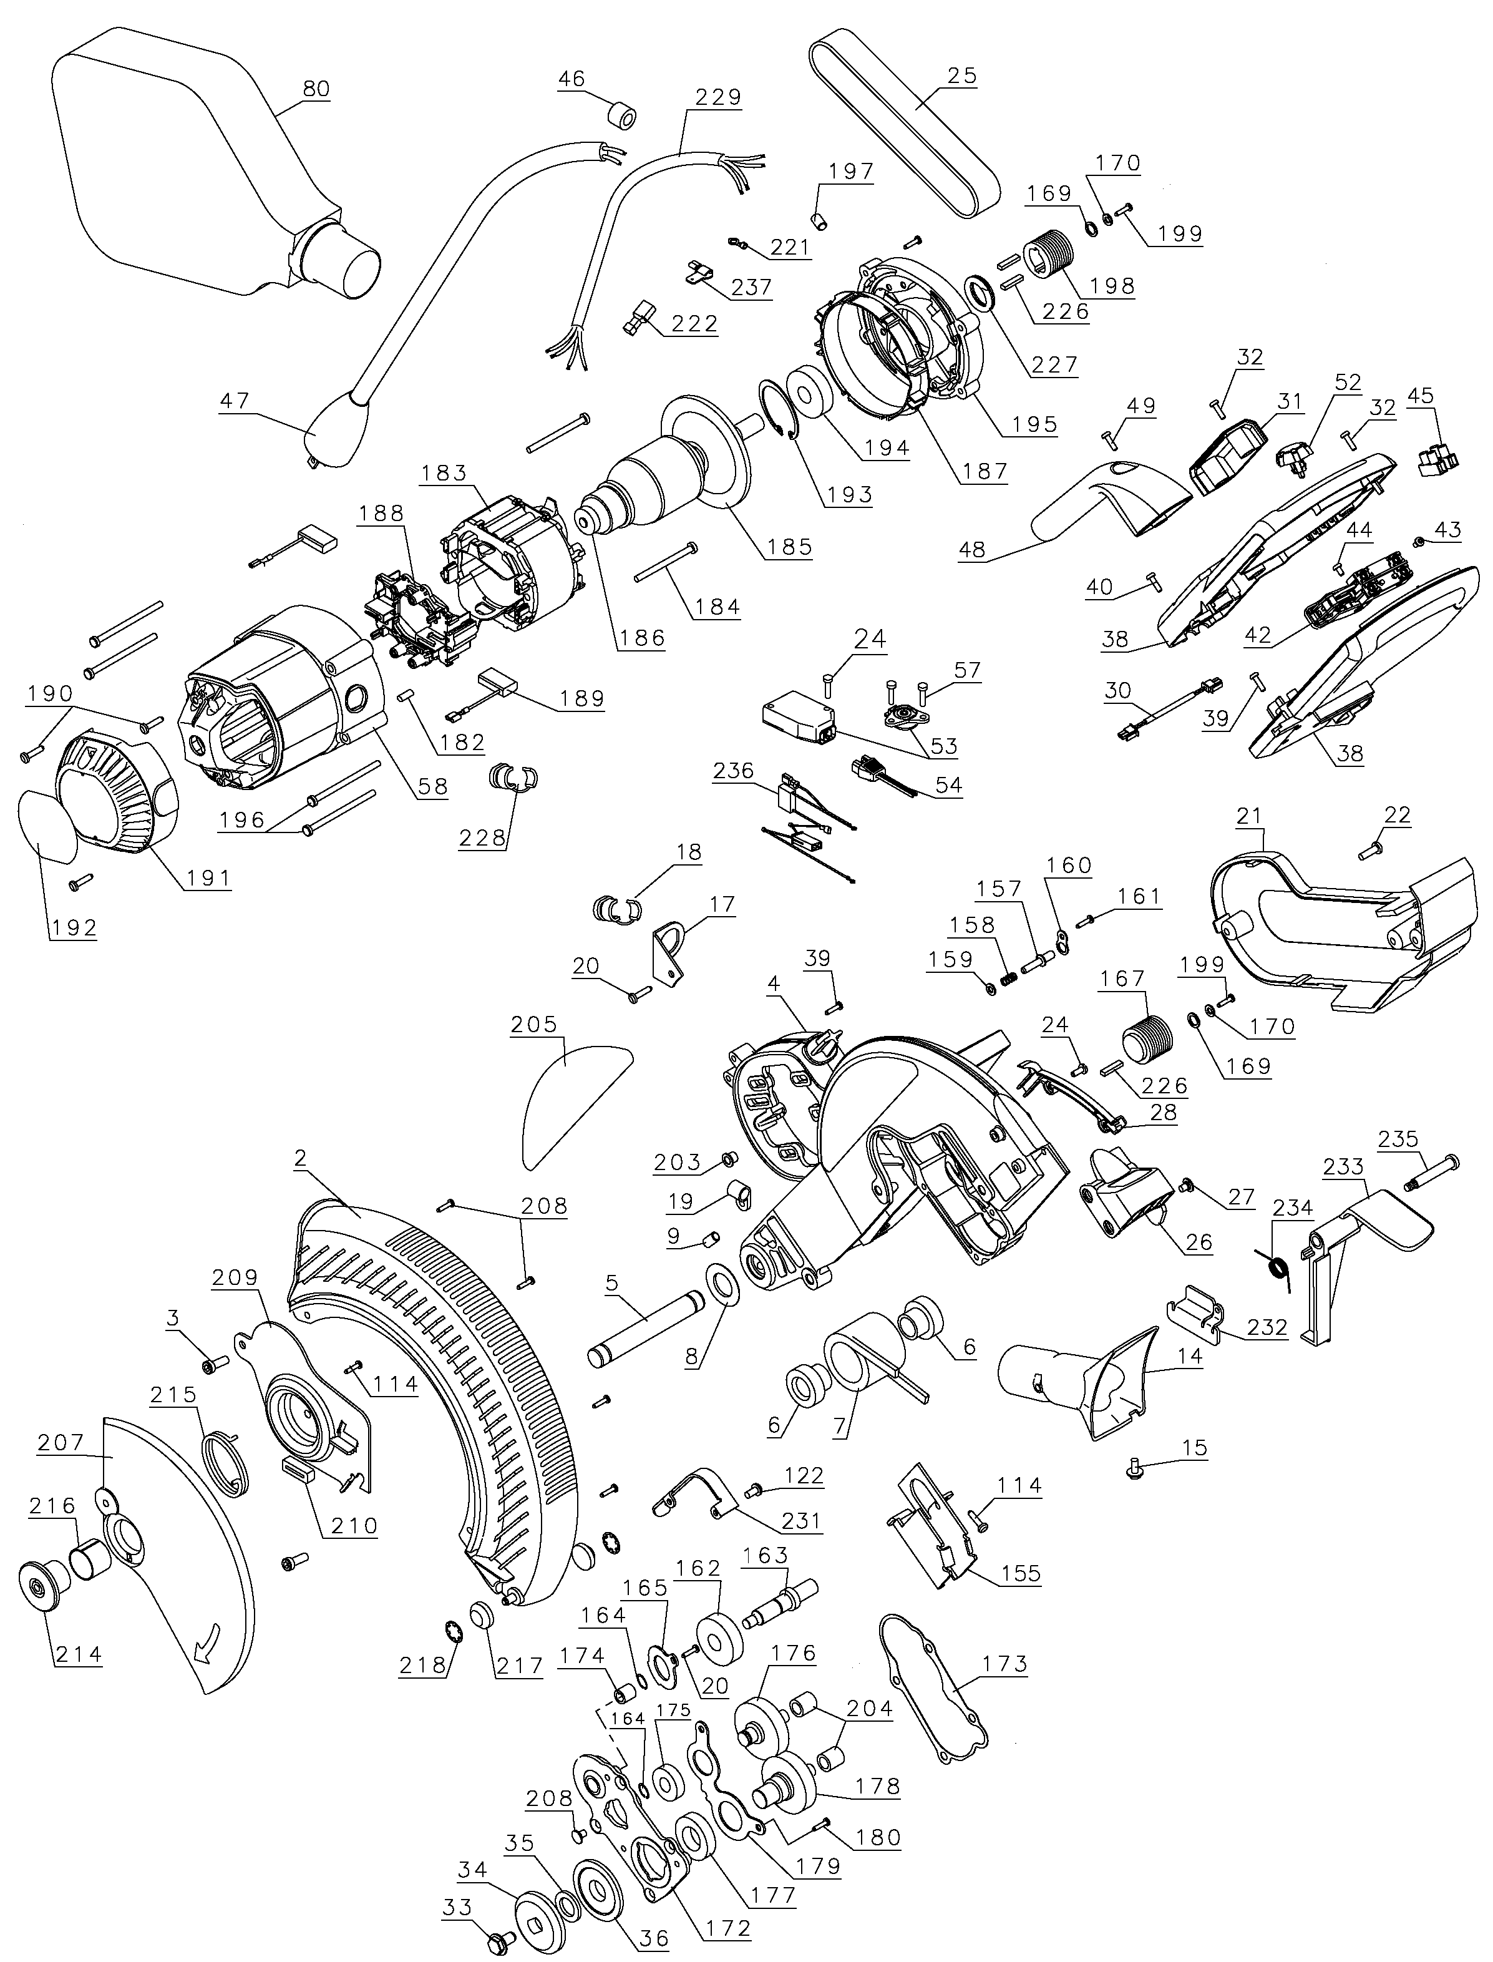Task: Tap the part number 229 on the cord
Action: (718, 97)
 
